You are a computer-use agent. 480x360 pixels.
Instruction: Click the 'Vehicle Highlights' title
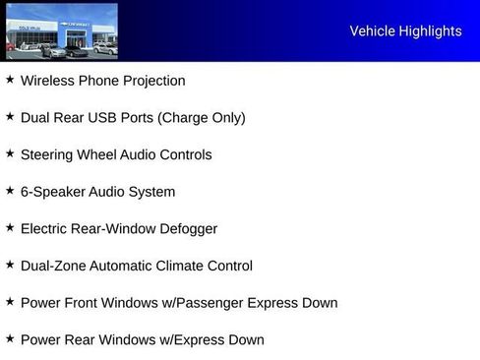click(405, 31)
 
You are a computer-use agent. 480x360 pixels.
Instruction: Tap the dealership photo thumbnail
click(61, 31)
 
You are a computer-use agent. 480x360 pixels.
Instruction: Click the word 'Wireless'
click(48, 81)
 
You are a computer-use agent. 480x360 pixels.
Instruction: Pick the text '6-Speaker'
click(51, 192)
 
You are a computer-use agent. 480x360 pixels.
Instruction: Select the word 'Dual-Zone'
click(53, 266)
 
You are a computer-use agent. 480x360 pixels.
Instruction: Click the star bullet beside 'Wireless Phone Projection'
click(10, 80)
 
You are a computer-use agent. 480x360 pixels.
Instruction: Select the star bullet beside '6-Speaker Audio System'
click(10, 191)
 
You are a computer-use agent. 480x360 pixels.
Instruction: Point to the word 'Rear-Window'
click(115, 229)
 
